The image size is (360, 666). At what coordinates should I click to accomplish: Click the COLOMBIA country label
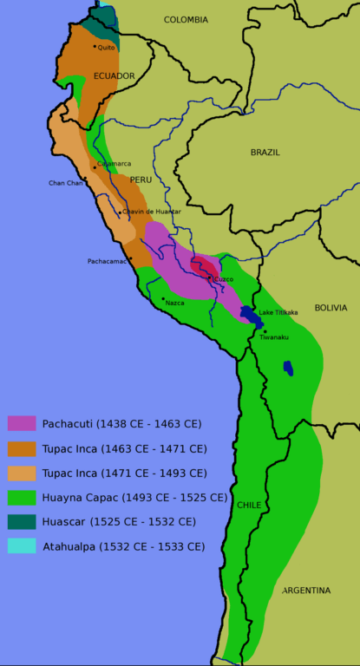(186, 19)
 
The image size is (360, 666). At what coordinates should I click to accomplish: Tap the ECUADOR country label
(115, 76)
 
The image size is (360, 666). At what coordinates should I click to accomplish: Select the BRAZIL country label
(265, 152)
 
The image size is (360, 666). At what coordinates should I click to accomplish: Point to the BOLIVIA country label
(331, 308)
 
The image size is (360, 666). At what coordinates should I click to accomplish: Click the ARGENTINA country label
(305, 591)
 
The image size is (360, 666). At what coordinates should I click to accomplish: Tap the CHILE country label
(249, 505)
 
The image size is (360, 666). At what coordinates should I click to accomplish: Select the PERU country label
(141, 180)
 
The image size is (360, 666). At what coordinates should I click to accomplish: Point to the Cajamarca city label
(115, 163)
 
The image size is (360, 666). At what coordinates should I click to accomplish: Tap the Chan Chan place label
(65, 183)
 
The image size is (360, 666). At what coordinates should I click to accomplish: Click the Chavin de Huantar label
(152, 212)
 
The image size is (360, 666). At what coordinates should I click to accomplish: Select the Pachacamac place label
(108, 261)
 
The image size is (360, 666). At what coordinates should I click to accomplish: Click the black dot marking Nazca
(163, 298)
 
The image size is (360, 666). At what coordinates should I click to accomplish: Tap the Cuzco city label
(224, 279)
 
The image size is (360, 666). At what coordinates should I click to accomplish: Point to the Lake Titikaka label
(278, 312)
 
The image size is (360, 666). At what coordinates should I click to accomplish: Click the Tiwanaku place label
(274, 336)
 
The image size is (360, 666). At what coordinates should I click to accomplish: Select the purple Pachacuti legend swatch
(22, 423)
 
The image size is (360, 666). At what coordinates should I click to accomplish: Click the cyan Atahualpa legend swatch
(22, 546)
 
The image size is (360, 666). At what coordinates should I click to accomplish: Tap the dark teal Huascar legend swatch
(22, 522)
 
